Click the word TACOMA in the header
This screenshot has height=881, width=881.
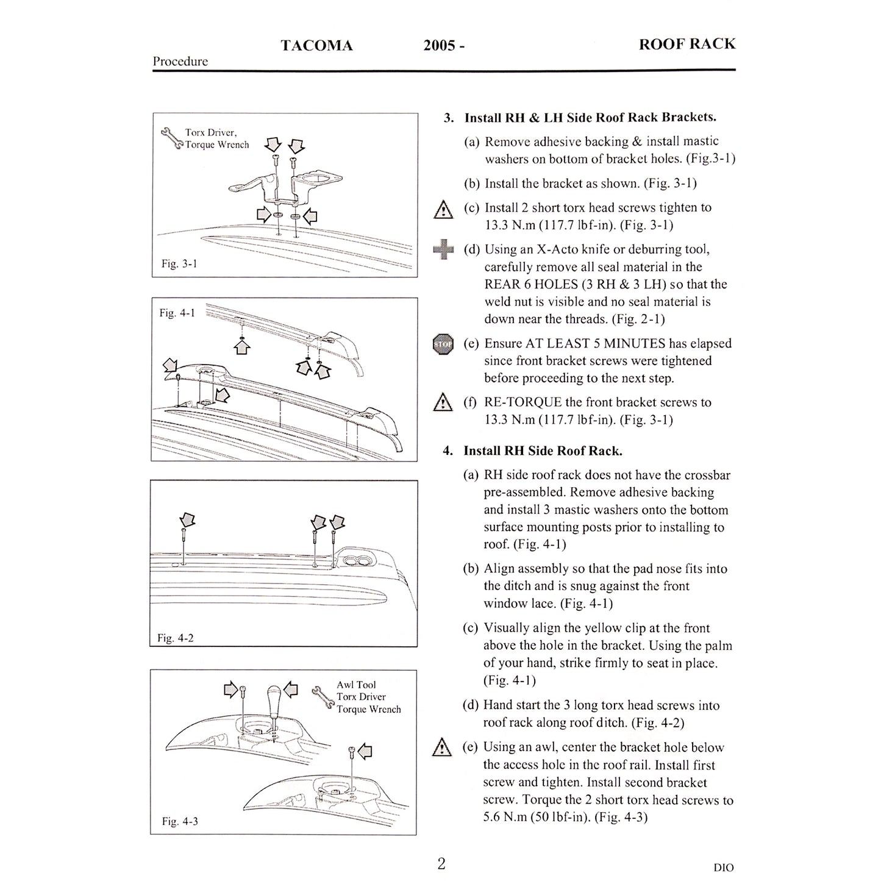click(316, 46)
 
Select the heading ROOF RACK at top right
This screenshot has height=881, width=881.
click(687, 44)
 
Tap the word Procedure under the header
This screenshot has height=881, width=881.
click(180, 62)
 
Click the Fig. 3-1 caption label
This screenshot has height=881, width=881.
click(179, 264)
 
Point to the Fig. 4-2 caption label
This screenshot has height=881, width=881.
click(176, 638)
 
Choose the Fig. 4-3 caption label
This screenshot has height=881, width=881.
click(179, 821)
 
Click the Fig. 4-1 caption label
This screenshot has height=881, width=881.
click(177, 313)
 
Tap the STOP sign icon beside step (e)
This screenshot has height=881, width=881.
click(443, 344)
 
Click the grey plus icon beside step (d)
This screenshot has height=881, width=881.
click(443, 249)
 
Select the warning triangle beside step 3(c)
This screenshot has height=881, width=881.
click(443, 210)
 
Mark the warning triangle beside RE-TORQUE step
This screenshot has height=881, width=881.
click(443, 403)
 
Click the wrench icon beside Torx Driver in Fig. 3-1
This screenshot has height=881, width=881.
click(171, 138)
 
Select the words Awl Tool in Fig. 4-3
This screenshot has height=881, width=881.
click(357, 685)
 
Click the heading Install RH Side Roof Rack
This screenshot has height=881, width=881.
click(542, 451)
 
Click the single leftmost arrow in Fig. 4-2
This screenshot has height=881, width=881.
click(188, 519)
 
